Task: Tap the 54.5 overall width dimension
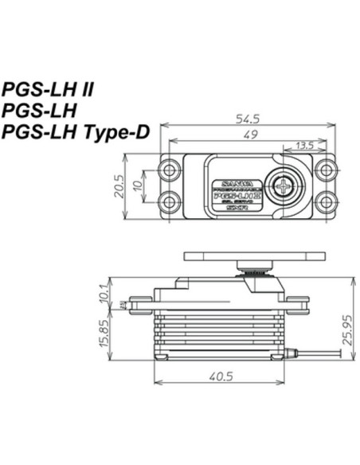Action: click(x=248, y=119)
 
